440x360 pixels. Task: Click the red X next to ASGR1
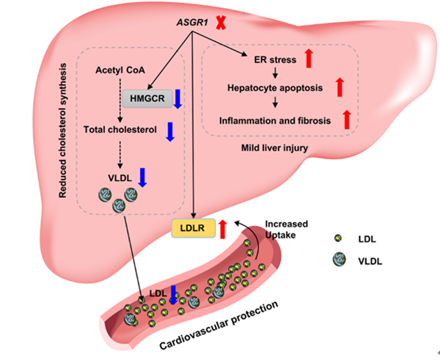pyautogui.click(x=220, y=24)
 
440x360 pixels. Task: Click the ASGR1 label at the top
pyautogui.click(x=191, y=23)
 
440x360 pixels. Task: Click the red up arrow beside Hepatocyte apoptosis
pyautogui.click(x=340, y=88)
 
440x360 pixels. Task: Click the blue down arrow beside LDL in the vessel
pyautogui.click(x=173, y=295)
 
